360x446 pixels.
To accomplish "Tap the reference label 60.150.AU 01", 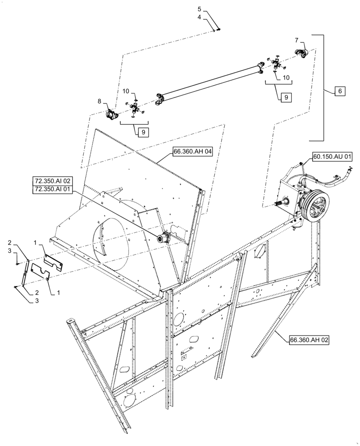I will pos(332,157).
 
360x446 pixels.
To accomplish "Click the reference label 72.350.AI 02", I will pos(52,182).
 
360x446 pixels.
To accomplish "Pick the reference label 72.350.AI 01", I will pos(52,190).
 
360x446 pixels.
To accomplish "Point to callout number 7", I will pos(297,41).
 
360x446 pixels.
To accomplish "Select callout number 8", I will pos(99,101).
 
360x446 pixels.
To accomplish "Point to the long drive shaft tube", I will pos(209,82).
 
